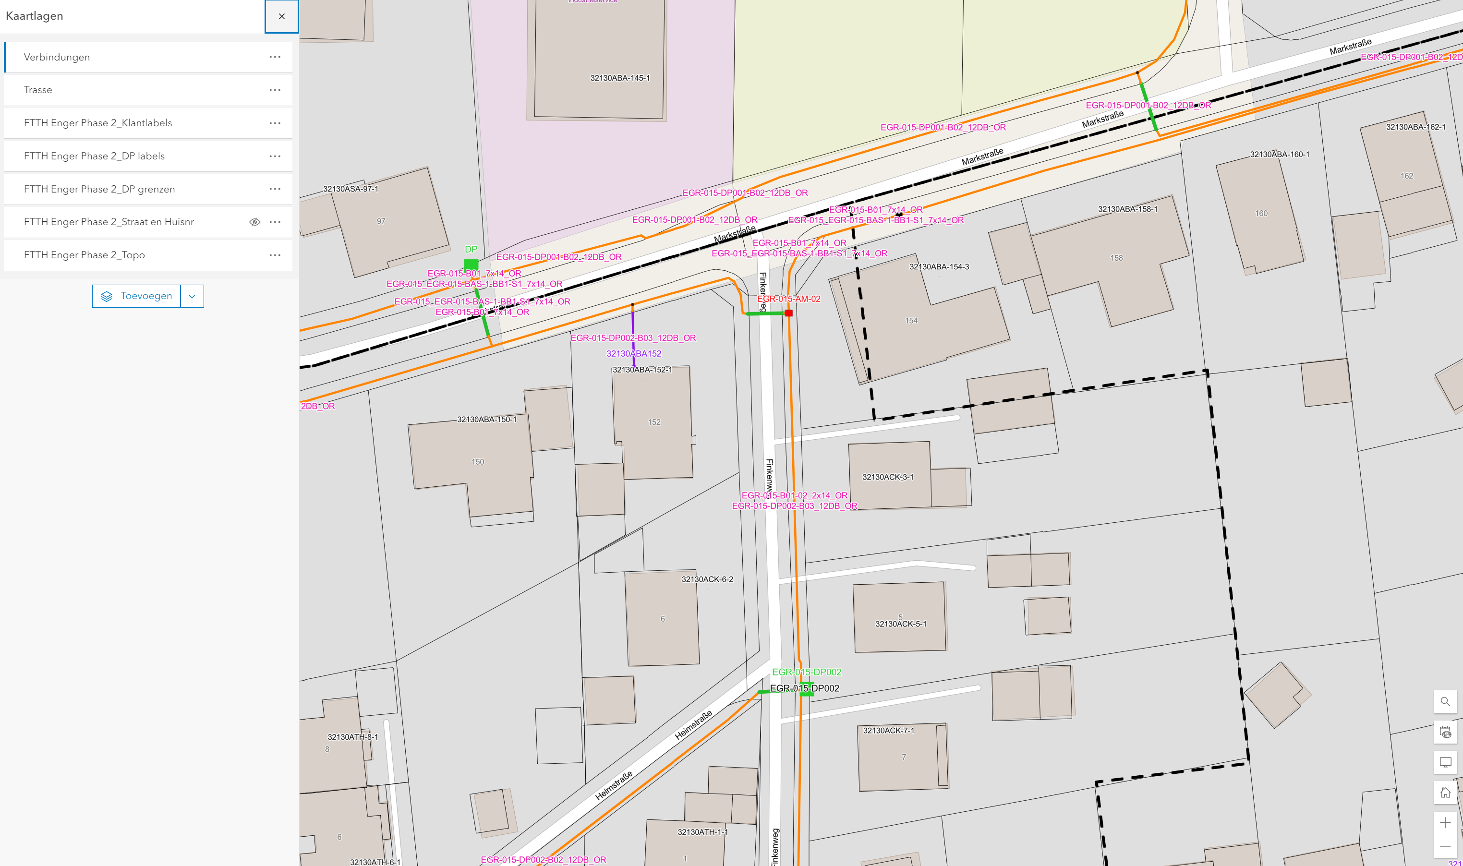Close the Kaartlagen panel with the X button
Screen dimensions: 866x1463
click(x=281, y=16)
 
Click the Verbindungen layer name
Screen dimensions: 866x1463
click(x=57, y=57)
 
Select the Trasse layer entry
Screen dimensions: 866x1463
click(x=38, y=90)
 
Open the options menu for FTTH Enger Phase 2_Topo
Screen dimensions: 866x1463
click(x=275, y=255)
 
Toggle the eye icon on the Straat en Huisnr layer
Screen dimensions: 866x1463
click(x=254, y=222)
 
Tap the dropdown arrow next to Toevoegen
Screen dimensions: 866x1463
click(x=192, y=296)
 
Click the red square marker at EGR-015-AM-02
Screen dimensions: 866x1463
click(x=788, y=313)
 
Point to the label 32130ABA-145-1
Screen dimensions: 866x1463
click(x=620, y=78)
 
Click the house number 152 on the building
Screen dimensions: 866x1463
click(x=653, y=422)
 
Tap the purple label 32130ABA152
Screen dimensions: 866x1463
click(x=634, y=354)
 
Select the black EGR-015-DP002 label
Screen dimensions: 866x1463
click(x=804, y=688)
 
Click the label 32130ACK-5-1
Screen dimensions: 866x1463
click(x=900, y=624)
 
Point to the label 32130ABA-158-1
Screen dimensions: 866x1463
click(x=1127, y=209)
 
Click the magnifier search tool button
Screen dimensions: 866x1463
click(x=1445, y=701)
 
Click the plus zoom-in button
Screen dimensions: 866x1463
click(x=1445, y=823)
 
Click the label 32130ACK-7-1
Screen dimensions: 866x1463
click(x=888, y=731)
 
